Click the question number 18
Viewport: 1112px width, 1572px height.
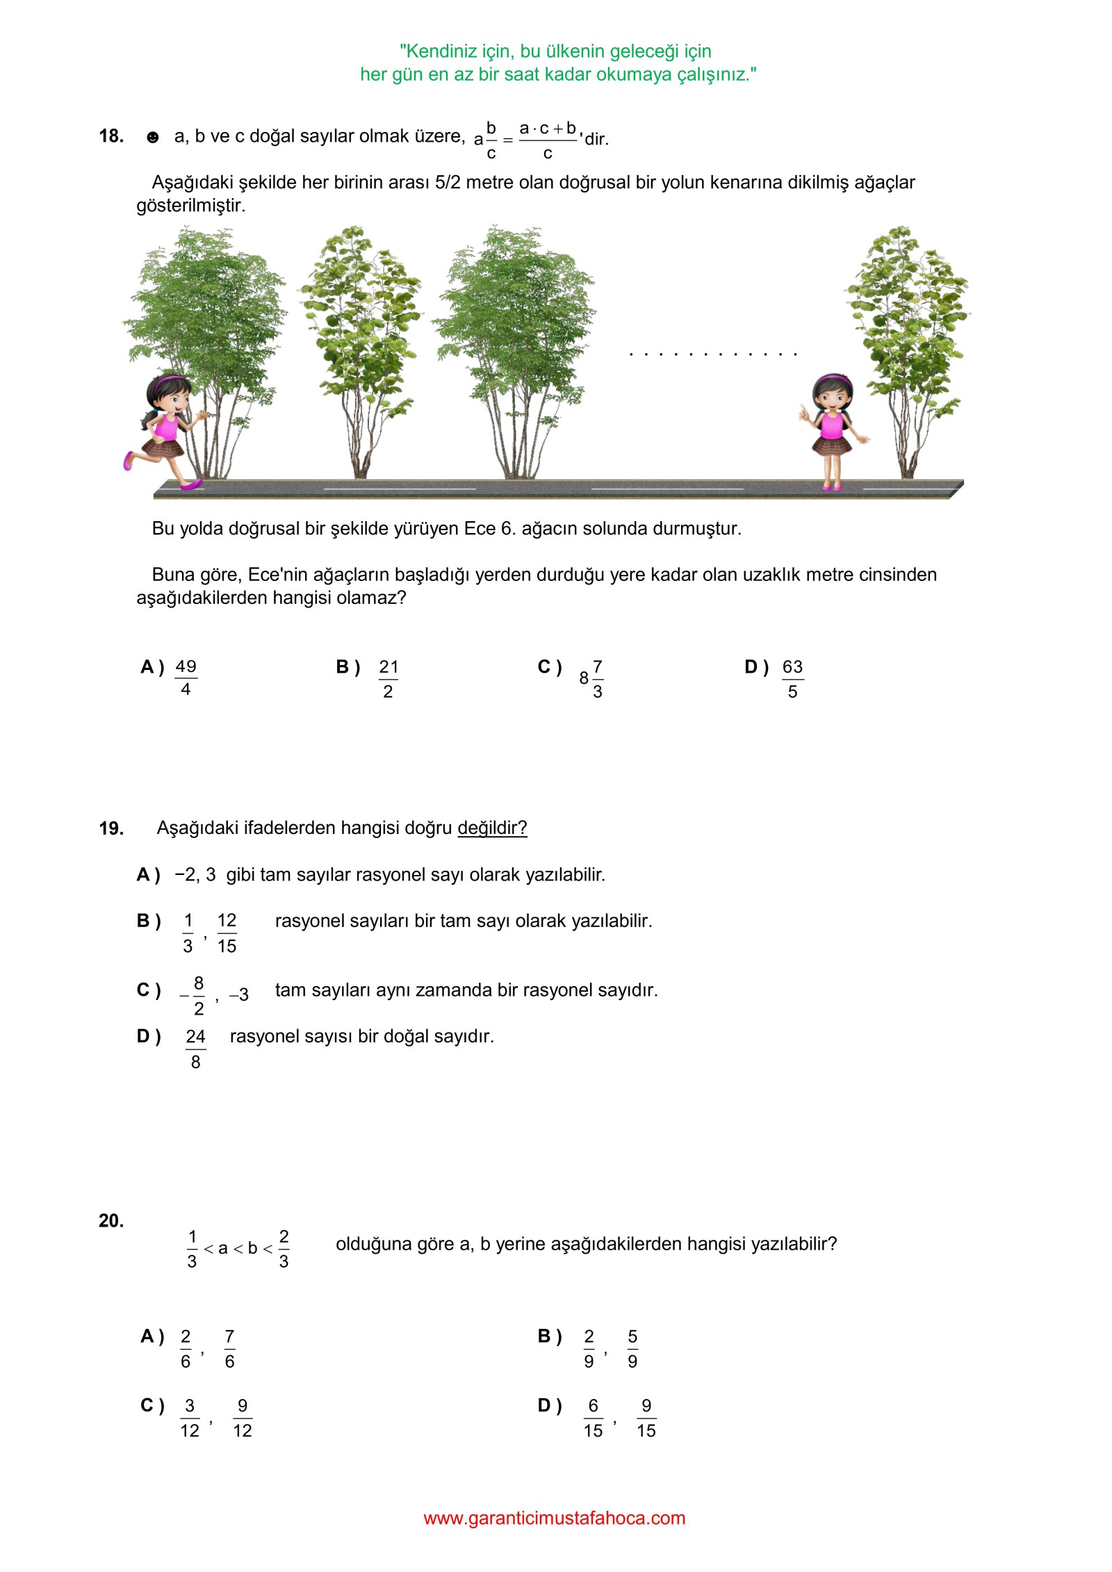111,136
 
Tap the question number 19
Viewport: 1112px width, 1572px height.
111,828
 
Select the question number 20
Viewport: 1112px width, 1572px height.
111,1221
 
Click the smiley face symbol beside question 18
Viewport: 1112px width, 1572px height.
153,138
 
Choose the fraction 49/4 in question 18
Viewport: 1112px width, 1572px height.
186,678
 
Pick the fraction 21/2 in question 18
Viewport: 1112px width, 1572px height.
388,679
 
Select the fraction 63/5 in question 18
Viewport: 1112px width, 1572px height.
792,679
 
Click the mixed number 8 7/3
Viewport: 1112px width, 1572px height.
591,679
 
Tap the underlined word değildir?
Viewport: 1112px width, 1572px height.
492,828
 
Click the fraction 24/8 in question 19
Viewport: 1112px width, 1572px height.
195,1049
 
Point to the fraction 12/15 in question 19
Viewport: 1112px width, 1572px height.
227,933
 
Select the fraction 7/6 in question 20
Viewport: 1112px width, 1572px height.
229,1349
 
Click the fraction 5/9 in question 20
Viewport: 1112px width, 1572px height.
632,1349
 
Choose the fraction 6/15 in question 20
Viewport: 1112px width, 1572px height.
593,1418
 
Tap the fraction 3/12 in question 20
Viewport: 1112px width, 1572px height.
190,1418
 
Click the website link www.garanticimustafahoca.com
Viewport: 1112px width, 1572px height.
555,1518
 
